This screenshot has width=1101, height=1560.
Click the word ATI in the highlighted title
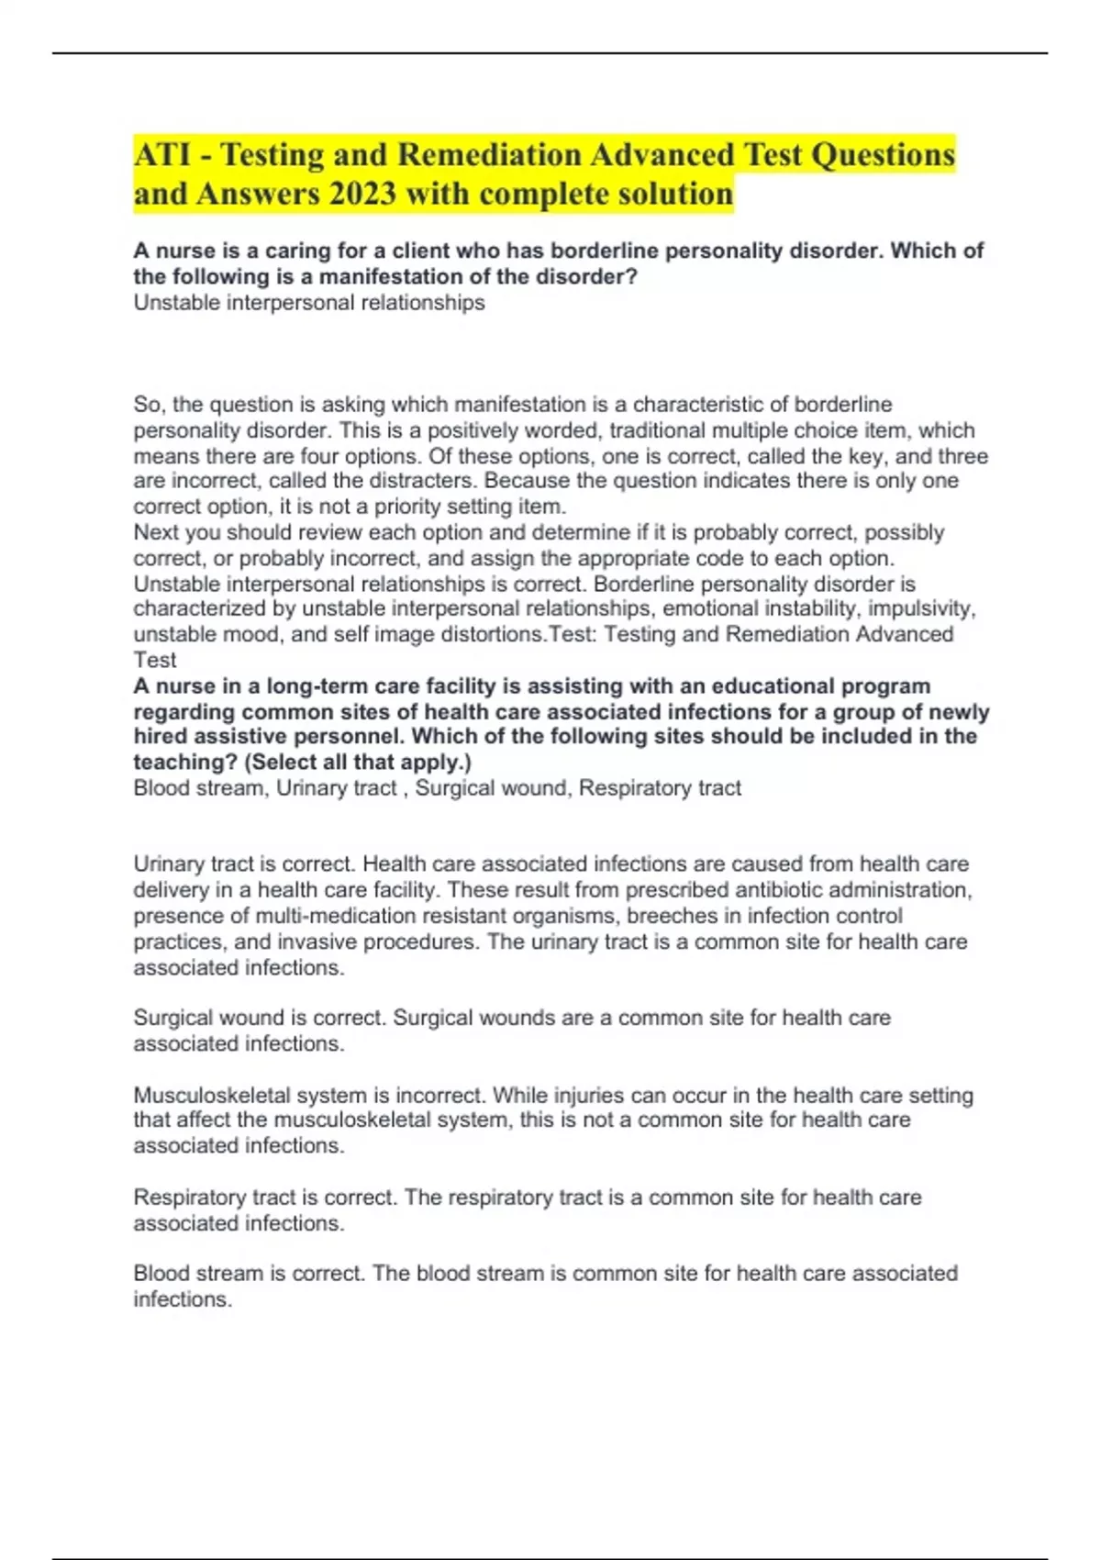tap(162, 154)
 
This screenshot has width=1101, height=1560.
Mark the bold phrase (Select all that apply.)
tap(358, 763)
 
